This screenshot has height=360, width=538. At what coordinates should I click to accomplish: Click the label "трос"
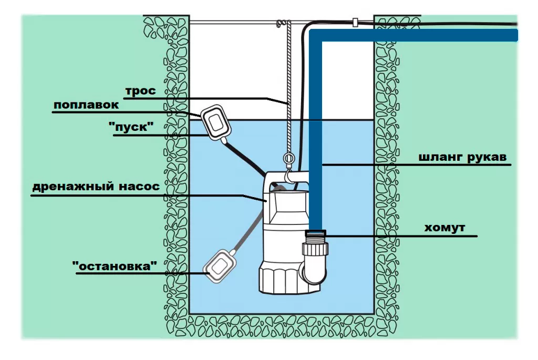coord(140,91)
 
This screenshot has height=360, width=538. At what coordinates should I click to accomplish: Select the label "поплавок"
coord(86,105)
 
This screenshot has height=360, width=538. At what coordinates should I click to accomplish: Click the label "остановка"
coord(115,266)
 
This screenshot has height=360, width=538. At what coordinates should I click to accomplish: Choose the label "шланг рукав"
coord(464,157)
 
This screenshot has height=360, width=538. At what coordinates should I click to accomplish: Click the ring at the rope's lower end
coord(287,158)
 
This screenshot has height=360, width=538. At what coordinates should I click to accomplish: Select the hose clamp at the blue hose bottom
coord(315,233)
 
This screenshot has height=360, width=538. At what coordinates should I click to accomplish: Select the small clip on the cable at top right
coord(355,23)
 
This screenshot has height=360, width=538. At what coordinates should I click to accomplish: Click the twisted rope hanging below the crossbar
coord(287,89)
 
